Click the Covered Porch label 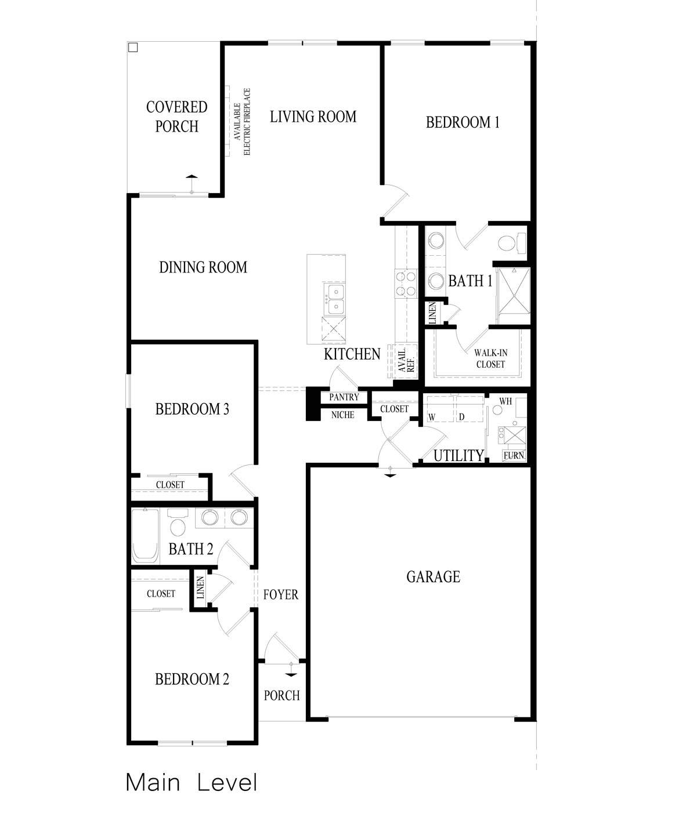click(x=176, y=117)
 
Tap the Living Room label click(x=313, y=117)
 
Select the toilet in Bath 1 click(x=511, y=243)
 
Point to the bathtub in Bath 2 click(x=145, y=536)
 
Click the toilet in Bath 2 click(x=179, y=524)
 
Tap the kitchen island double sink click(x=335, y=298)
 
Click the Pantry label click(x=344, y=398)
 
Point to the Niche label click(x=343, y=415)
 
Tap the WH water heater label click(x=506, y=401)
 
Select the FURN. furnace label click(x=514, y=456)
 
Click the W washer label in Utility click(x=432, y=417)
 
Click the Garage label click(x=433, y=576)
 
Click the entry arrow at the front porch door click(x=291, y=670)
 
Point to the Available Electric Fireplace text click(x=241, y=121)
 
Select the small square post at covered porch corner click(x=132, y=47)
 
